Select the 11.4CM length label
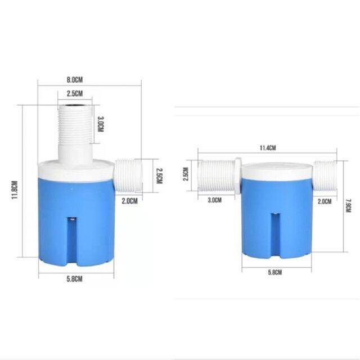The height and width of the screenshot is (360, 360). [x=267, y=148]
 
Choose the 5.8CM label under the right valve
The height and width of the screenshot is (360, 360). [x=275, y=272]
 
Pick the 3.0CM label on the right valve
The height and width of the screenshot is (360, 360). [x=214, y=200]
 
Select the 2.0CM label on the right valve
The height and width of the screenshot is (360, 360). [x=324, y=200]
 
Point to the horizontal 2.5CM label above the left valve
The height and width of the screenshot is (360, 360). [x=75, y=93]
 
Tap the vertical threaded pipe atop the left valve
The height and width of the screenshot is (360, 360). [x=76, y=129]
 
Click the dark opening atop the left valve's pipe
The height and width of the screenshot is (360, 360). [x=76, y=105]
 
